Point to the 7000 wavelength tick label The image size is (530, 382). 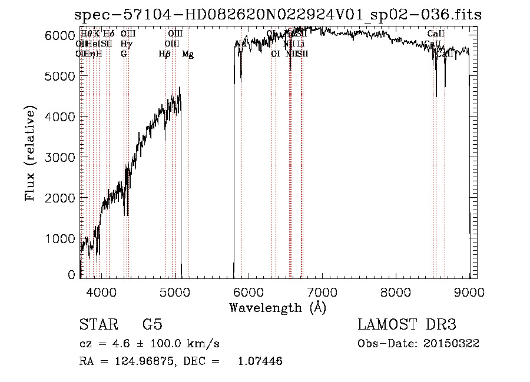[x=322, y=291]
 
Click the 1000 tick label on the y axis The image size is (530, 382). [x=63, y=238]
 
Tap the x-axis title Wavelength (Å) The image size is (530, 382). [x=277, y=307]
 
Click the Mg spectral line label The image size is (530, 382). [x=188, y=54]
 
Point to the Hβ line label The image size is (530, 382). [x=165, y=54]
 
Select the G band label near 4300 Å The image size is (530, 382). [x=124, y=54]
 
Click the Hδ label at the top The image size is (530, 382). [x=108, y=34]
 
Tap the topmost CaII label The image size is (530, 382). [x=436, y=34]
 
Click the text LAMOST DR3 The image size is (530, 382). [x=406, y=325]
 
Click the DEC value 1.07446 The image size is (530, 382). [x=259, y=361]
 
